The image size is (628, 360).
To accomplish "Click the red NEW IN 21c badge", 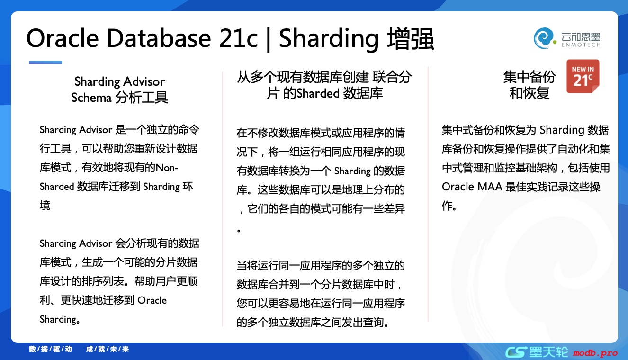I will (x=583, y=76).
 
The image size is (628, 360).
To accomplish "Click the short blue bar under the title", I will (x=45, y=63).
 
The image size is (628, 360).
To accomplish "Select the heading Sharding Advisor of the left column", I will (x=119, y=81).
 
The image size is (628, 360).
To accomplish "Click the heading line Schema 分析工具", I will (x=119, y=98).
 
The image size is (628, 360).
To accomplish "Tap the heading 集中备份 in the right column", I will (x=529, y=77).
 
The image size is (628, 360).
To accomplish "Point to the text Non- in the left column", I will (x=167, y=168).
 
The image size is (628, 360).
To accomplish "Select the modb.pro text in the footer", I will (x=595, y=353).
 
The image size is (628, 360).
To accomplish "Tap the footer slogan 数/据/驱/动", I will (x=50, y=350).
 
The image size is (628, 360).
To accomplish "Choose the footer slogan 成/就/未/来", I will (x=108, y=350).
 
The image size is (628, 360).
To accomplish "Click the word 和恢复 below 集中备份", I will (x=529, y=93).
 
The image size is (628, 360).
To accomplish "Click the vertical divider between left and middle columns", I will (x=223, y=199).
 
